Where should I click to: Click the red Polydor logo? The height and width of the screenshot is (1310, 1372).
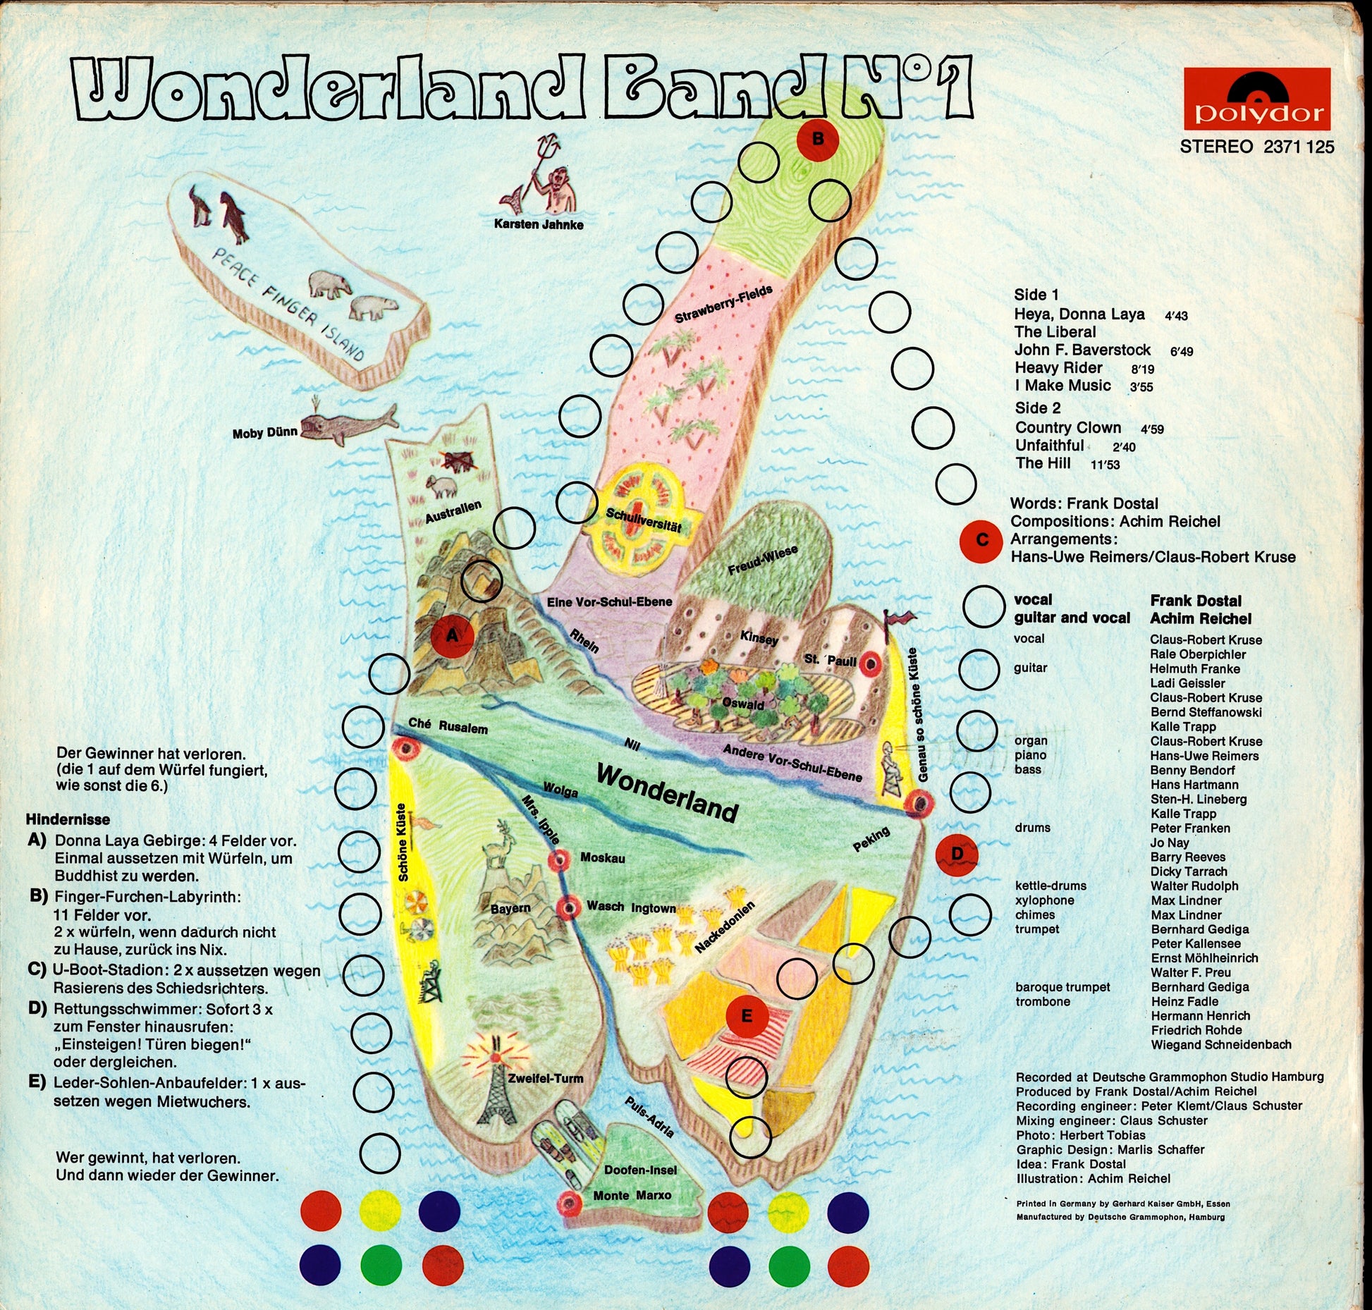click(1256, 99)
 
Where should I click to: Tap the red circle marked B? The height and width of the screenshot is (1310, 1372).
click(817, 140)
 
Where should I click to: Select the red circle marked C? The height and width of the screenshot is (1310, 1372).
click(981, 541)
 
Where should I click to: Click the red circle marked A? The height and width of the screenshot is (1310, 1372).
click(452, 636)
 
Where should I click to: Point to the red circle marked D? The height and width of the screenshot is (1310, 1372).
click(957, 855)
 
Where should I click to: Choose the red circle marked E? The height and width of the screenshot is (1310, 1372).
click(747, 1016)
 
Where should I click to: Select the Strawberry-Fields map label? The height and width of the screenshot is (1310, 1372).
click(723, 305)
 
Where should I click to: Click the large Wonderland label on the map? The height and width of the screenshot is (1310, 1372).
click(667, 792)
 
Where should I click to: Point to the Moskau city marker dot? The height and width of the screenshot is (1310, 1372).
click(559, 859)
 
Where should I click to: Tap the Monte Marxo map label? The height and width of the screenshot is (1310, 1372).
click(632, 1195)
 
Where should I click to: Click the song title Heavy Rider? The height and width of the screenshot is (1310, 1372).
click(1058, 368)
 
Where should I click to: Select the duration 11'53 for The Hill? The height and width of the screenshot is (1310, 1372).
click(1104, 465)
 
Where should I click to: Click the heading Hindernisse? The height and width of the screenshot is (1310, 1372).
click(68, 819)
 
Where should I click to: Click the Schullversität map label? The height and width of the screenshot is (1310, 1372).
click(643, 522)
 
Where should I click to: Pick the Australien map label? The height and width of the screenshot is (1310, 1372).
click(453, 511)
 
